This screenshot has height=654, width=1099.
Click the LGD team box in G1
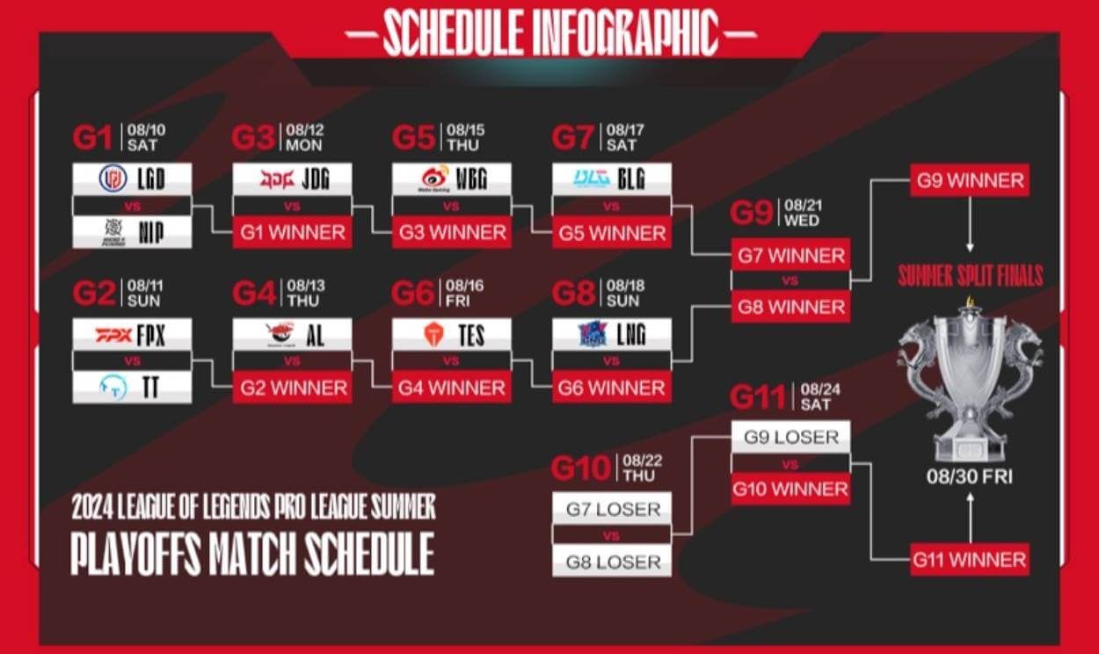pos(132,179)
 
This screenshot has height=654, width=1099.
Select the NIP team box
pos(132,232)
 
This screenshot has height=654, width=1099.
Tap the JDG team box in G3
pos(292,179)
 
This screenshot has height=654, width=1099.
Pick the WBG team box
pos(452,179)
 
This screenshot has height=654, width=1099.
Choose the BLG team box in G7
pos(612,179)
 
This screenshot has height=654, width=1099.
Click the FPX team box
pos(132,334)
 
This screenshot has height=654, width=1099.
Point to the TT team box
pos(132,387)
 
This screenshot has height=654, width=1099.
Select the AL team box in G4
pos(292,334)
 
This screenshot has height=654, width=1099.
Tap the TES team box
pos(452,334)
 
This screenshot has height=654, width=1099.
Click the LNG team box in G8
pos(612,334)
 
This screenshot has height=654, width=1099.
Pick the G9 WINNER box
pos(970,181)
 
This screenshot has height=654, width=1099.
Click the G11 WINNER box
pos(970,559)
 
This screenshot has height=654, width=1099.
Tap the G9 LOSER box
pos(790,437)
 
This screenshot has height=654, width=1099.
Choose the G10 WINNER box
pos(790,489)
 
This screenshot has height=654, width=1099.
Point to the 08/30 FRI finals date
pos(970,479)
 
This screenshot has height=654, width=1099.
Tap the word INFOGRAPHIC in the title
pos(626,33)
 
